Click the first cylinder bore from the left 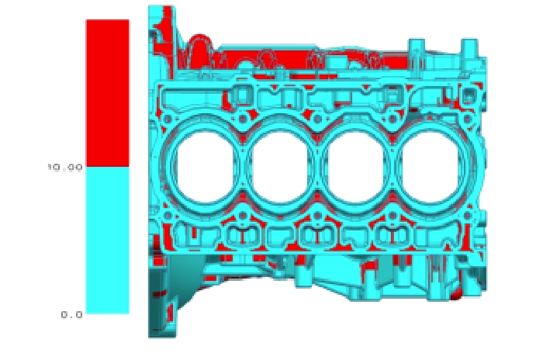206,168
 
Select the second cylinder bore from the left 280,168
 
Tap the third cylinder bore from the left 355,168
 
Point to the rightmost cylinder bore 431,168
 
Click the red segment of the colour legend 107,93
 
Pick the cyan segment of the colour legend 107,240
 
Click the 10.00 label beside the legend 65,168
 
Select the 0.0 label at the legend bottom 72,314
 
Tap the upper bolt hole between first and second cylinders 242,119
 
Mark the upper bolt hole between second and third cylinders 317,119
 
